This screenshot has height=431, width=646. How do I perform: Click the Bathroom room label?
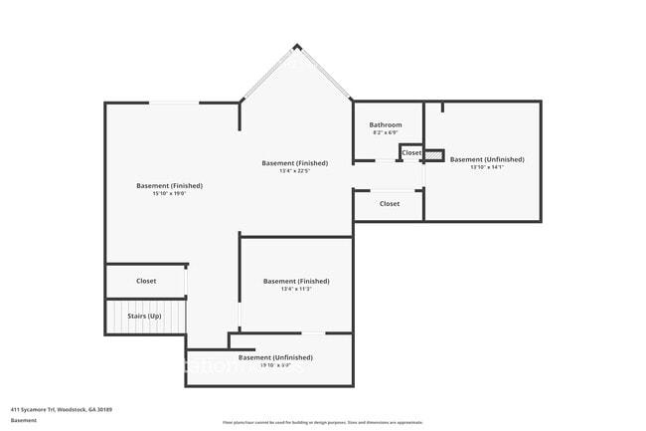[385, 124]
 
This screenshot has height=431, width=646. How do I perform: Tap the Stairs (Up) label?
[144, 317]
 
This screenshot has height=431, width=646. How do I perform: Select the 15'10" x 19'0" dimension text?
[170, 194]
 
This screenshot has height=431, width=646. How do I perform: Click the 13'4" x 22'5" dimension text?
[295, 171]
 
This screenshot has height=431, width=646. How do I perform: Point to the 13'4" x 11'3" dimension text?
[296, 290]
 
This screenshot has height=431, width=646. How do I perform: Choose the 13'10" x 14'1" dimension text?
[487, 167]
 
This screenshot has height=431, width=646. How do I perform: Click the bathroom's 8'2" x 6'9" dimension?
[385, 132]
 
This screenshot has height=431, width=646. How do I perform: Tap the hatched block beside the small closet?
[434, 154]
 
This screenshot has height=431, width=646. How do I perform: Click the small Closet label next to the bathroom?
[411, 152]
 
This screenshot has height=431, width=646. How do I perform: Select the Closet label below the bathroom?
[390, 203]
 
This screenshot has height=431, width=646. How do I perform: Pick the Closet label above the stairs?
[146, 281]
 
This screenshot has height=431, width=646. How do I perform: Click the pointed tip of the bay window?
[296, 45]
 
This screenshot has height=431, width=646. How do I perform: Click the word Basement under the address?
[24, 420]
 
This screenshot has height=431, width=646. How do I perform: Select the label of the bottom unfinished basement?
[275, 356]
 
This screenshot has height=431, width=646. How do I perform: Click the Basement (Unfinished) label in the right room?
[487, 159]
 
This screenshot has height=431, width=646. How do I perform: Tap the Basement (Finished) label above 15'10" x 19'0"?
[170, 185]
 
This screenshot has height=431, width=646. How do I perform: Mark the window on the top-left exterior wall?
[173, 102]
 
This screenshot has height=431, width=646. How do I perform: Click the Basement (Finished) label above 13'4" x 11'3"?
[296, 281]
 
